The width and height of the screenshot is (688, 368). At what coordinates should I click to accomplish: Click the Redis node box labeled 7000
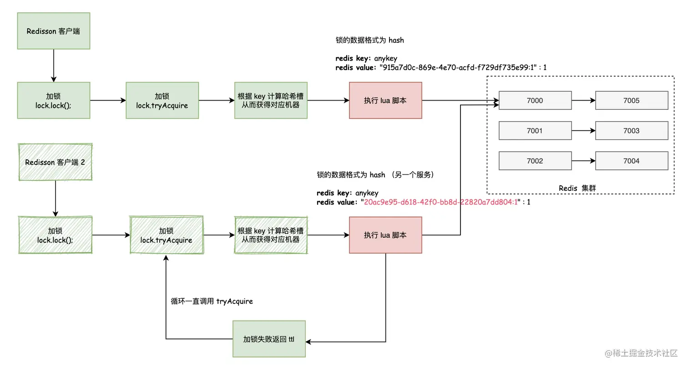tap(535, 101)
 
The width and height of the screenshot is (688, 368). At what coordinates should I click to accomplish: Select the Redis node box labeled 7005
tap(632, 101)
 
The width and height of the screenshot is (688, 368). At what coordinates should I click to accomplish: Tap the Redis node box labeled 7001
tap(535, 131)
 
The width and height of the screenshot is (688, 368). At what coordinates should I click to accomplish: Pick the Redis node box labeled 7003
tap(632, 131)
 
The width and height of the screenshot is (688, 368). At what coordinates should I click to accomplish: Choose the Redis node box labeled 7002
tap(535, 161)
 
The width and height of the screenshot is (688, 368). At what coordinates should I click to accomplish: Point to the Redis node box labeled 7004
tap(632, 161)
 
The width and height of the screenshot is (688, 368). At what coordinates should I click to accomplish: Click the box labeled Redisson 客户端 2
tap(55, 162)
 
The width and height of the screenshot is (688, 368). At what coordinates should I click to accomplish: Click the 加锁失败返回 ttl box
tap(269, 339)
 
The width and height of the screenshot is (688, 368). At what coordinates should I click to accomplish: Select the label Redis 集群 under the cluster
tap(580, 188)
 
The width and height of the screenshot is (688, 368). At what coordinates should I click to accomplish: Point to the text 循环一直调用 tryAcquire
tap(212, 301)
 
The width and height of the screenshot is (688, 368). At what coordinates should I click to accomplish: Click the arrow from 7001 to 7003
tap(583, 131)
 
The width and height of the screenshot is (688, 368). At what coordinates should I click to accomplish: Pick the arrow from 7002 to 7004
tap(583, 161)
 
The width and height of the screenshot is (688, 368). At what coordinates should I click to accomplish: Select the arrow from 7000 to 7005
tap(583, 101)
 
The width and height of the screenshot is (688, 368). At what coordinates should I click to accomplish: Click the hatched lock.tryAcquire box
tap(166, 235)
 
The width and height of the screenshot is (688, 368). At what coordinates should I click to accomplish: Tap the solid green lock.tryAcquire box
tap(162, 101)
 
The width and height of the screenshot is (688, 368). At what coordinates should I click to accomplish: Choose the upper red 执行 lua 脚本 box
tap(385, 101)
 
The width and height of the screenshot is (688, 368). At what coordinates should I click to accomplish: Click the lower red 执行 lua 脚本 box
tap(385, 235)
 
